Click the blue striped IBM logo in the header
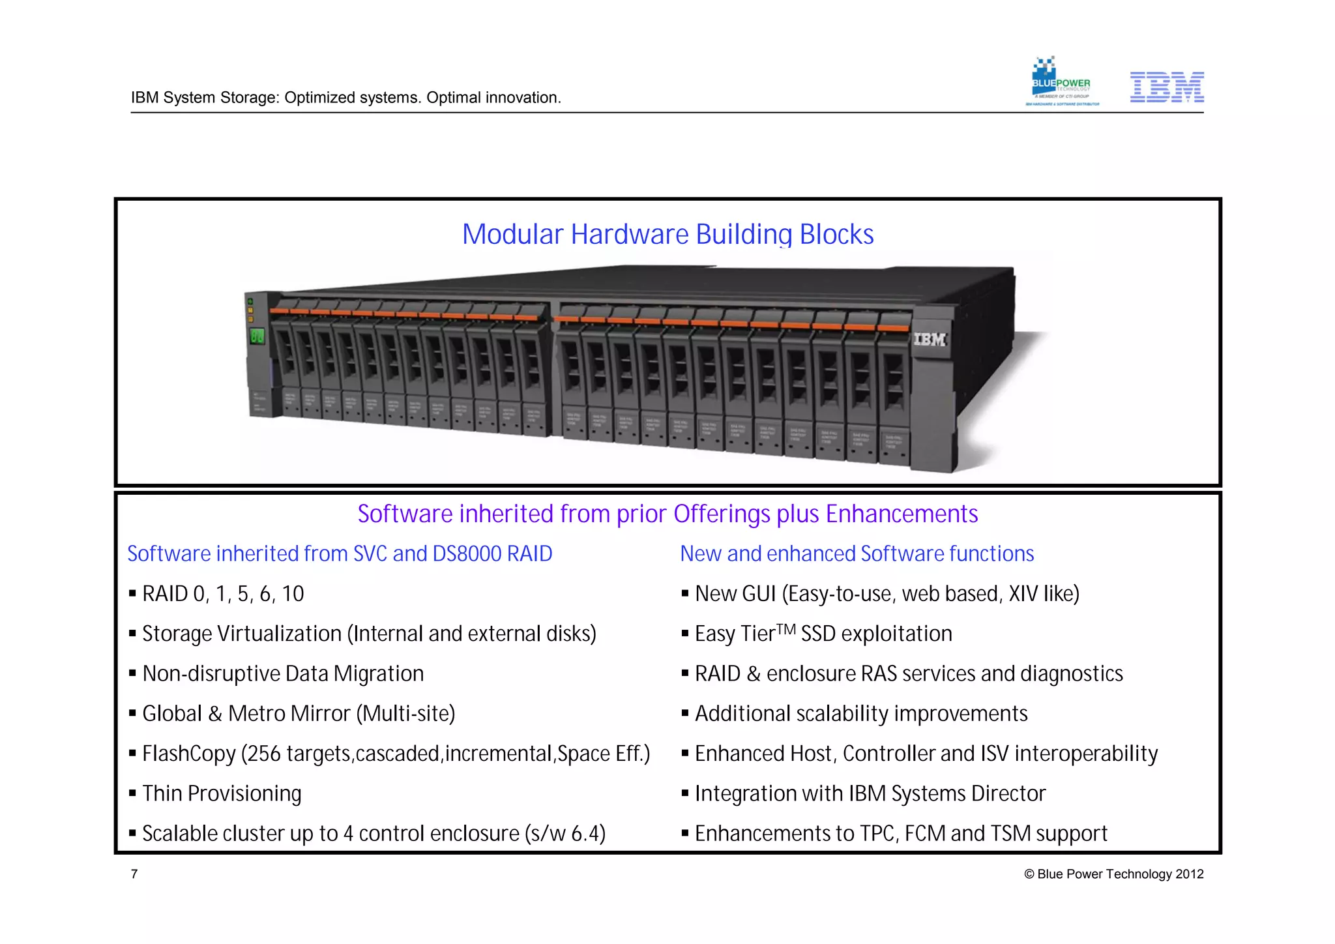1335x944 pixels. [x=1166, y=87]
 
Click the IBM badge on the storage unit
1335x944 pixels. [x=929, y=339]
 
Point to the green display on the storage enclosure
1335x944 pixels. [x=257, y=336]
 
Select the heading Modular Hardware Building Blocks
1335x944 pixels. [x=667, y=235]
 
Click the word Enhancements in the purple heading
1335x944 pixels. [x=902, y=514]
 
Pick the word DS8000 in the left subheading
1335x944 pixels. [x=467, y=554]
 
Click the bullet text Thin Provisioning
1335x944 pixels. [x=222, y=794]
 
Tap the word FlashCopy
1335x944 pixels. [x=189, y=754]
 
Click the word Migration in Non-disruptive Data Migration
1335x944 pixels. [x=379, y=674]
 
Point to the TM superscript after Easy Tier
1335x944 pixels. [x=786, y=629]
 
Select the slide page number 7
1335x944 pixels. [x=134, y=874]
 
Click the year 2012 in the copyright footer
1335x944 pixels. [x=1190, y=874]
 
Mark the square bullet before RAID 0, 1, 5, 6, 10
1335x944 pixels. [x=132, y=594]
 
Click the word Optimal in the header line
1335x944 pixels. [x=450, y=98]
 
